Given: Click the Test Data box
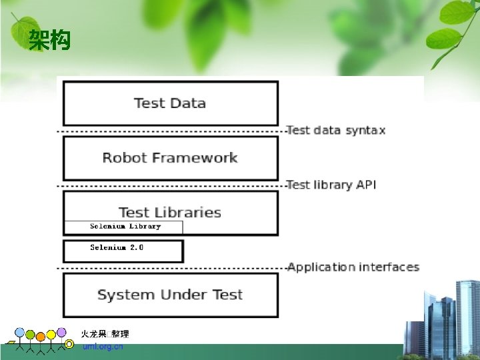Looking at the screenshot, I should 170,103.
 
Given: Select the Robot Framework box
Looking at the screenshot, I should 170,158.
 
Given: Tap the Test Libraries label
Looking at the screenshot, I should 170,213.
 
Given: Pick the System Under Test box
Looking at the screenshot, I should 170,295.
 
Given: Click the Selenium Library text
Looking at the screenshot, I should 125,227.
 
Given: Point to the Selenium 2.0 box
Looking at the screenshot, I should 123,251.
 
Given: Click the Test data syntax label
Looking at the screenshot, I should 336,130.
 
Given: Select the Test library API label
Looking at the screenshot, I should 331,185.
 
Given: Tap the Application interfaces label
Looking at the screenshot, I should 353,267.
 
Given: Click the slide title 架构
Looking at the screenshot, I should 49,42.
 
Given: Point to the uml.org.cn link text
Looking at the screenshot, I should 103,347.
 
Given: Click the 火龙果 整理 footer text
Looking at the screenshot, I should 105,334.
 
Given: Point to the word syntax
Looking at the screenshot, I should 365,130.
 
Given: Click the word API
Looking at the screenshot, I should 365,185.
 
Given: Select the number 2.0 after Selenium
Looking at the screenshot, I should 137,247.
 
